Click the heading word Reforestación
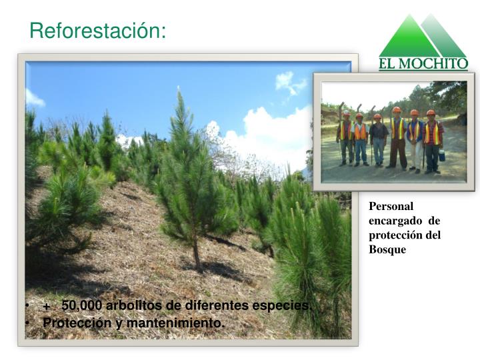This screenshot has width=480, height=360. [97, 31]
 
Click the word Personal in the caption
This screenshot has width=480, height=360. [391, 206]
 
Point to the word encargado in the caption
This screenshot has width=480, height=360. [395, 221]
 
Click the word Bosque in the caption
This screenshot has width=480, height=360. [387, 249]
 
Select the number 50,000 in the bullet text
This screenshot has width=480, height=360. [82, 305]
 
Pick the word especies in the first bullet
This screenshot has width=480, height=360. [281, 306]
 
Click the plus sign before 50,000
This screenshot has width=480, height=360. [47, 307]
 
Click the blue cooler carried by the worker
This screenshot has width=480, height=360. [442, 155]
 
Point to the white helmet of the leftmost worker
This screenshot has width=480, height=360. [346, 113]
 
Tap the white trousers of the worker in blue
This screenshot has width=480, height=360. [416, 155]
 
